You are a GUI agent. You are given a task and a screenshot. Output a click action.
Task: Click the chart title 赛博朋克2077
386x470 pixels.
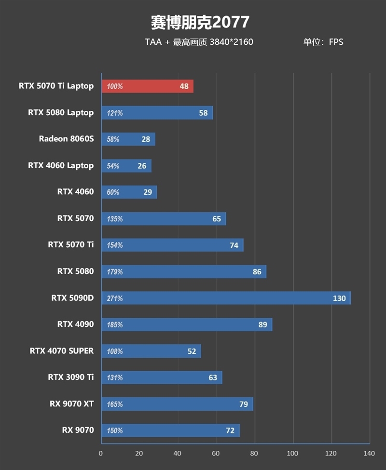200,22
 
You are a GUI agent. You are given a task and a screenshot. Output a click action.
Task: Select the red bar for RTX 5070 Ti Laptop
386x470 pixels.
147,86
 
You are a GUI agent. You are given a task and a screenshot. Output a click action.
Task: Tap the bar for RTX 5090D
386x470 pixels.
226,298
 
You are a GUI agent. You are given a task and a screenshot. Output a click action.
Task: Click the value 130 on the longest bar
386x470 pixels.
339,298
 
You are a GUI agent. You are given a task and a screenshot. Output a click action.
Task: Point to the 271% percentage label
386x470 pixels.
115,298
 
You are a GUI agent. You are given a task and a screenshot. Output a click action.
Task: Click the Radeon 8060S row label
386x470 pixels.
66,139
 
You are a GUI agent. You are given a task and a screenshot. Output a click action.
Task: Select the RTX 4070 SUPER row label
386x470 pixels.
62,350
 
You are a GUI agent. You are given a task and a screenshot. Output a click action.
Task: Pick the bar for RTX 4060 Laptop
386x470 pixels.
126,166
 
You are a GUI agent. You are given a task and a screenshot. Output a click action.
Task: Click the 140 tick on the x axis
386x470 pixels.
369,453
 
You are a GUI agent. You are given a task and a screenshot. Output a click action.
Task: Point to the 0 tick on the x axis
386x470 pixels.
101,453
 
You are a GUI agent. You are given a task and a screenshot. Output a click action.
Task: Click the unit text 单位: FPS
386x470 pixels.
323,42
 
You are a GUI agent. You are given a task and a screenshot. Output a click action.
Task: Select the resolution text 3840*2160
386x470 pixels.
231,42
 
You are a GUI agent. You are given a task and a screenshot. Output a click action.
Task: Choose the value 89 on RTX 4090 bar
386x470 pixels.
262,325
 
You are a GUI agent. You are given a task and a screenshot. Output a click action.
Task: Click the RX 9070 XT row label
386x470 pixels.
71,403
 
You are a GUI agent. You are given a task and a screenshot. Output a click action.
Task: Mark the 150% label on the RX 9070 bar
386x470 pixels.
115,430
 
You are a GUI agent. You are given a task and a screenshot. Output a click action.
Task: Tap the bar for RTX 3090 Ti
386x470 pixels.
162,377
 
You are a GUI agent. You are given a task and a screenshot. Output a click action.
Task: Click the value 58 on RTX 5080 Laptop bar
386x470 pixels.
203,113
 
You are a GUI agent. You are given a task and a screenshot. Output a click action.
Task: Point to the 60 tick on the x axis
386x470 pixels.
216,453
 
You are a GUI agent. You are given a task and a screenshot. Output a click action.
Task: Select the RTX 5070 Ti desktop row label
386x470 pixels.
71,244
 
